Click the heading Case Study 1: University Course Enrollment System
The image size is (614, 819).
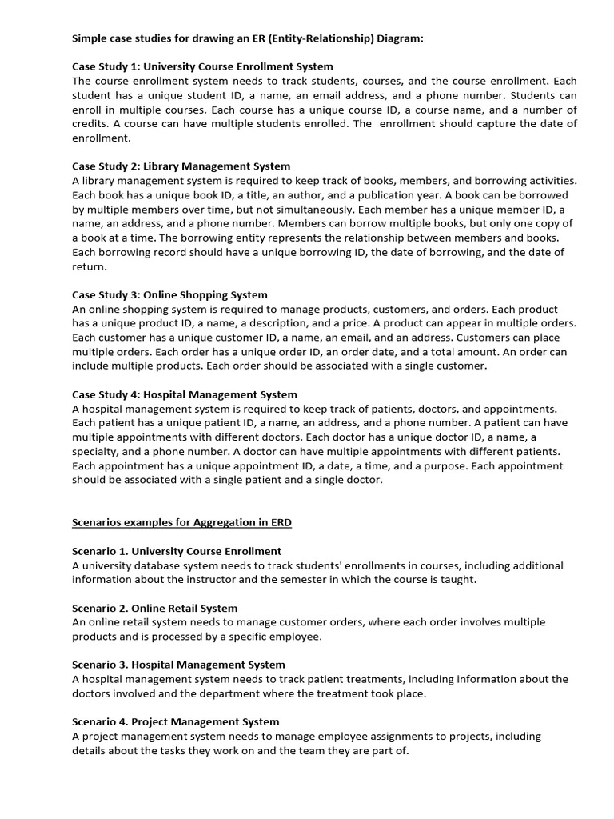(x=202, y=66)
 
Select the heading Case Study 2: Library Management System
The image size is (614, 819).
(x=181, y=166)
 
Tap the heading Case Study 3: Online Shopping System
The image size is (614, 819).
(x=169, y=294)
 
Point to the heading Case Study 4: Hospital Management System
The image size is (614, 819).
(x=185, y=394)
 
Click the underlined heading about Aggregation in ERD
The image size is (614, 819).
(x=182, y=522)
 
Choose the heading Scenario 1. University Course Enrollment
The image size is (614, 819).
(x=177, y=551)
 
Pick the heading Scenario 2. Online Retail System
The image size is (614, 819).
(x=154, y=608)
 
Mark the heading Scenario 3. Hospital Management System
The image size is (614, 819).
(x=178, y=665)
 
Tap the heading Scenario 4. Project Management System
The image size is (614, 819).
(x=176, y=721)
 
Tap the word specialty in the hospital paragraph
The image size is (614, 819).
(x=95, y=452)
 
